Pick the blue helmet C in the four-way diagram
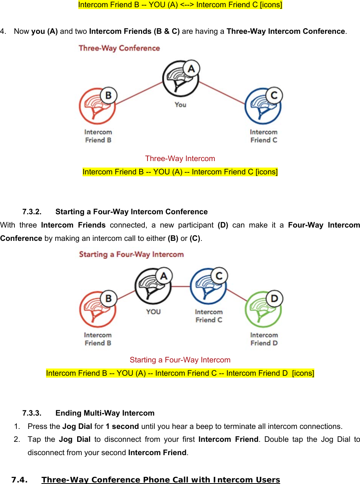tap(208, 287)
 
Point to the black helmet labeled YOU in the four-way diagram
tap(152, 287)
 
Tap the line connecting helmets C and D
tap(237, 295)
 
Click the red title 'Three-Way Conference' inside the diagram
tap(119, 48)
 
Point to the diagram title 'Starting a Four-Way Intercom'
tap(131, 254)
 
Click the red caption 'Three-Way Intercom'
tap(180, 158)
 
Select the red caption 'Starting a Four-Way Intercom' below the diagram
tap(180, 360)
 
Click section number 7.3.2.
tap(32, 212)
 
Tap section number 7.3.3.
tap(32, 413)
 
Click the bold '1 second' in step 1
tap(122, 426)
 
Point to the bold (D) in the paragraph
tap(223, 225)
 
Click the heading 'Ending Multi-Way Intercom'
tap(105, 413)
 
